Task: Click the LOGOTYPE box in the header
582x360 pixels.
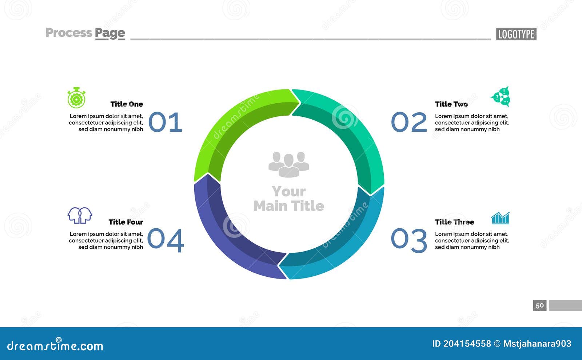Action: tap(516, 34)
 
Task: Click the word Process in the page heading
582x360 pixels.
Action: tap(69, 33)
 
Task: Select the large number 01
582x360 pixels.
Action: tap(165, 122)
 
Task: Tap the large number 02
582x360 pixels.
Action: tap(409, 122)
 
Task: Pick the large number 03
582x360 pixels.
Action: tap(409, 240)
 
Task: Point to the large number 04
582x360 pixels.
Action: tap(166, 240)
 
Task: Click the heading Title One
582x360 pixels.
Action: tap(127, 104)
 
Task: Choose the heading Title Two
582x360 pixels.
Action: tap(451, 104)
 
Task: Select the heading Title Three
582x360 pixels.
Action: tap(455, 222)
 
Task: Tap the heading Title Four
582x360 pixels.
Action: tap(126, 222)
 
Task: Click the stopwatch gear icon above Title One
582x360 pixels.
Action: tap(76, 98)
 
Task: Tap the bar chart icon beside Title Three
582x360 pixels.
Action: tap(500, 218)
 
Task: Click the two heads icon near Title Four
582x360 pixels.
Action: tap(80, 215)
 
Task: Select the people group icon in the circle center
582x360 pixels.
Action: tap(289, 164)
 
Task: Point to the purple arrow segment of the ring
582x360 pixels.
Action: tap(226, 236)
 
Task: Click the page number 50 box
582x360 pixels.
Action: tap(540, 305)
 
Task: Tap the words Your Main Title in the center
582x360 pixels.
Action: tap(289, 199)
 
